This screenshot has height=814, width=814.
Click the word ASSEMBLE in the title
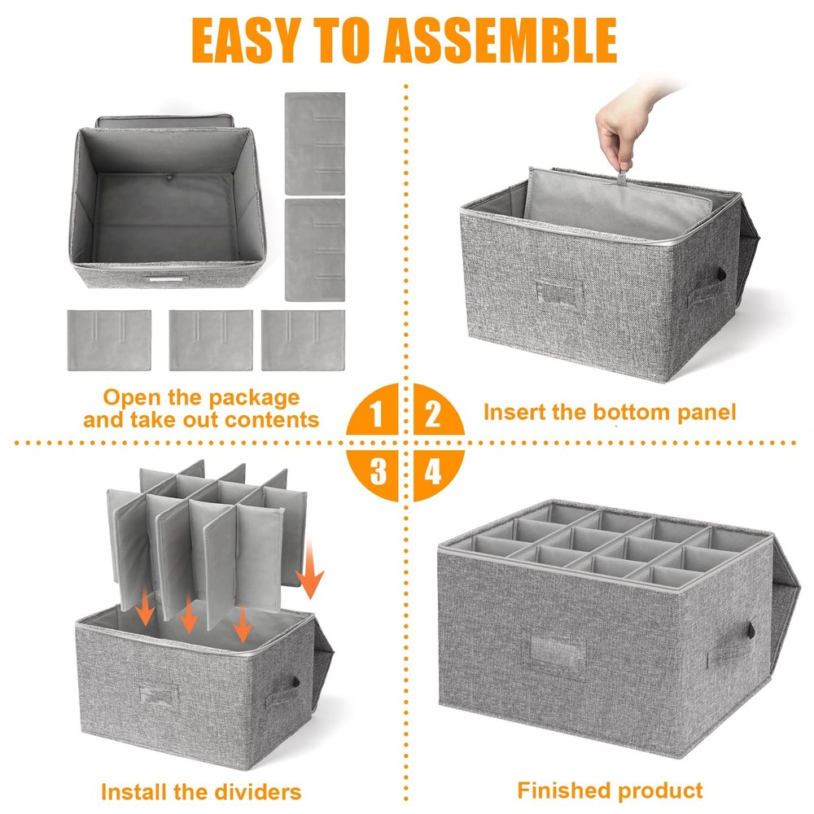[x=501, y=41]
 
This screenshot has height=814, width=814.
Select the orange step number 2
[x=432, y=414]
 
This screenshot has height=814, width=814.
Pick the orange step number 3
[x=378, y=471]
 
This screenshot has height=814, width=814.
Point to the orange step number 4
[x=432, y=471]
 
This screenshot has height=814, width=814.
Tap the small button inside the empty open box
[x=168, y=177]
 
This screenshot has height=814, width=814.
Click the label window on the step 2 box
[x=560, y=295]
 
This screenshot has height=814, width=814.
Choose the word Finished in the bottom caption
[x=564, y=790]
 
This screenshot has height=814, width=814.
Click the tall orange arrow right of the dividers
[x=310, y=569]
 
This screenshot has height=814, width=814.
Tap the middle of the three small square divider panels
[x=211, y=340]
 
